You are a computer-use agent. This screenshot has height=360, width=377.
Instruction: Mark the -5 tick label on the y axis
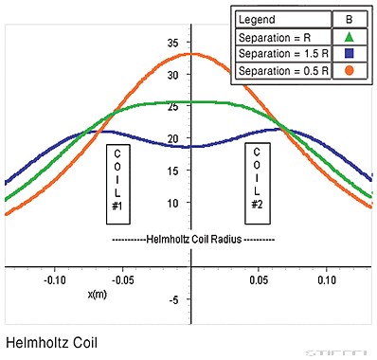172,300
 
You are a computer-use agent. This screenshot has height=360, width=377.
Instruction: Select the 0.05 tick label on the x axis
258,281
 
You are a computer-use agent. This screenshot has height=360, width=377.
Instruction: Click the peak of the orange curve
192,53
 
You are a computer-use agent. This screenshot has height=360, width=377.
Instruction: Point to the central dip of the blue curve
192,147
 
